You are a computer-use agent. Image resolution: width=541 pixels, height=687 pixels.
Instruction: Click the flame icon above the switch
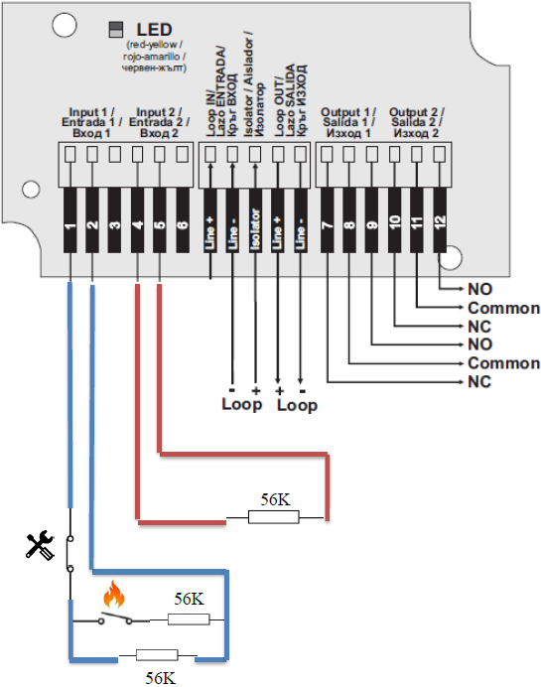113,595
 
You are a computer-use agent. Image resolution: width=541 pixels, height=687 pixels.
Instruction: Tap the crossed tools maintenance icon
40,545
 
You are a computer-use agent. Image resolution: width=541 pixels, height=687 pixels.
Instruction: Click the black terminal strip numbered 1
70,220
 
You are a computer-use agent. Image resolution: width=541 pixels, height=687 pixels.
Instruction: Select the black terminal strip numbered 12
440,220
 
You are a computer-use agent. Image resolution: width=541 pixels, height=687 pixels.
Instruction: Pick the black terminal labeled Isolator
255,220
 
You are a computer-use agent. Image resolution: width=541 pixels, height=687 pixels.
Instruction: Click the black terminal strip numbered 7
328,220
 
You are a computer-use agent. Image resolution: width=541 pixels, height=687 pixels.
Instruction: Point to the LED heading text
154,30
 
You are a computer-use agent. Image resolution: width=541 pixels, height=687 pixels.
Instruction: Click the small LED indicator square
116,30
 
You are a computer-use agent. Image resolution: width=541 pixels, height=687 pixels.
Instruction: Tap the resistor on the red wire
274,517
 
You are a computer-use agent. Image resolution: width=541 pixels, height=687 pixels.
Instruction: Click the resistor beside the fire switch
189,619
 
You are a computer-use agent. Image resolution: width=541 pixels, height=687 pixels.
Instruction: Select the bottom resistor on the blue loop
157,655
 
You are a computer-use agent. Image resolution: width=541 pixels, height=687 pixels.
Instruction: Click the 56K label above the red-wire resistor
276,499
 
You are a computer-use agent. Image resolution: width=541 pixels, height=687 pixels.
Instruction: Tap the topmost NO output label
479,289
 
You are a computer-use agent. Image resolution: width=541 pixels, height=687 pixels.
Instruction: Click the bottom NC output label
479,382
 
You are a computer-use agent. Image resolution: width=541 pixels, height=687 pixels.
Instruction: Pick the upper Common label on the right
503,308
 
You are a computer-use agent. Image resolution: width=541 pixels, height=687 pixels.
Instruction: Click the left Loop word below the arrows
242,404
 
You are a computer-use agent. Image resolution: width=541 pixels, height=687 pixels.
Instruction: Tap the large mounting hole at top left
65,25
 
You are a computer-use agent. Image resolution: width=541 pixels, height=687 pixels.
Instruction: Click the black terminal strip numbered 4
138,220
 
